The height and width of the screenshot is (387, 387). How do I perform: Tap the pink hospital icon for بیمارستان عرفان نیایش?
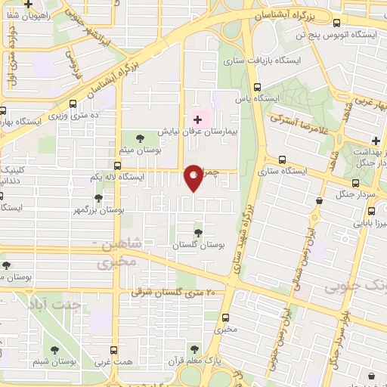(x=198, y=119)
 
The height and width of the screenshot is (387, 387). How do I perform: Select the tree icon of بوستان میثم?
(x=140, y=137)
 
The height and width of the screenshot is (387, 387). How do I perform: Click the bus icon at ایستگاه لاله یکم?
(x=117, y=166)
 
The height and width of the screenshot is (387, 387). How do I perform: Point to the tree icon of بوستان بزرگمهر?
(x=98, y=198)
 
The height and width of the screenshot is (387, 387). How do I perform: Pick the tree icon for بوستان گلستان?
(x=198, y=233)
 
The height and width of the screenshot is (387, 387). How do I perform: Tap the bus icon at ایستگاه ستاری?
(x=282, y=160)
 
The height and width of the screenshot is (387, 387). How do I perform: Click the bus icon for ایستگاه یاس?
(x=257, y=87)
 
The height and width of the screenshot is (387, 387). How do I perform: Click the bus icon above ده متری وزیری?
(x=73, y=104)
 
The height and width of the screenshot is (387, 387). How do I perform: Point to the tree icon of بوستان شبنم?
(x=54, y=349)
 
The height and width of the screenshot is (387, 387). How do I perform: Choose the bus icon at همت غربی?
(x=114, y=349)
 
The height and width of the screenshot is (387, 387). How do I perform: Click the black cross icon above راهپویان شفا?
(x=28, y=4)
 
